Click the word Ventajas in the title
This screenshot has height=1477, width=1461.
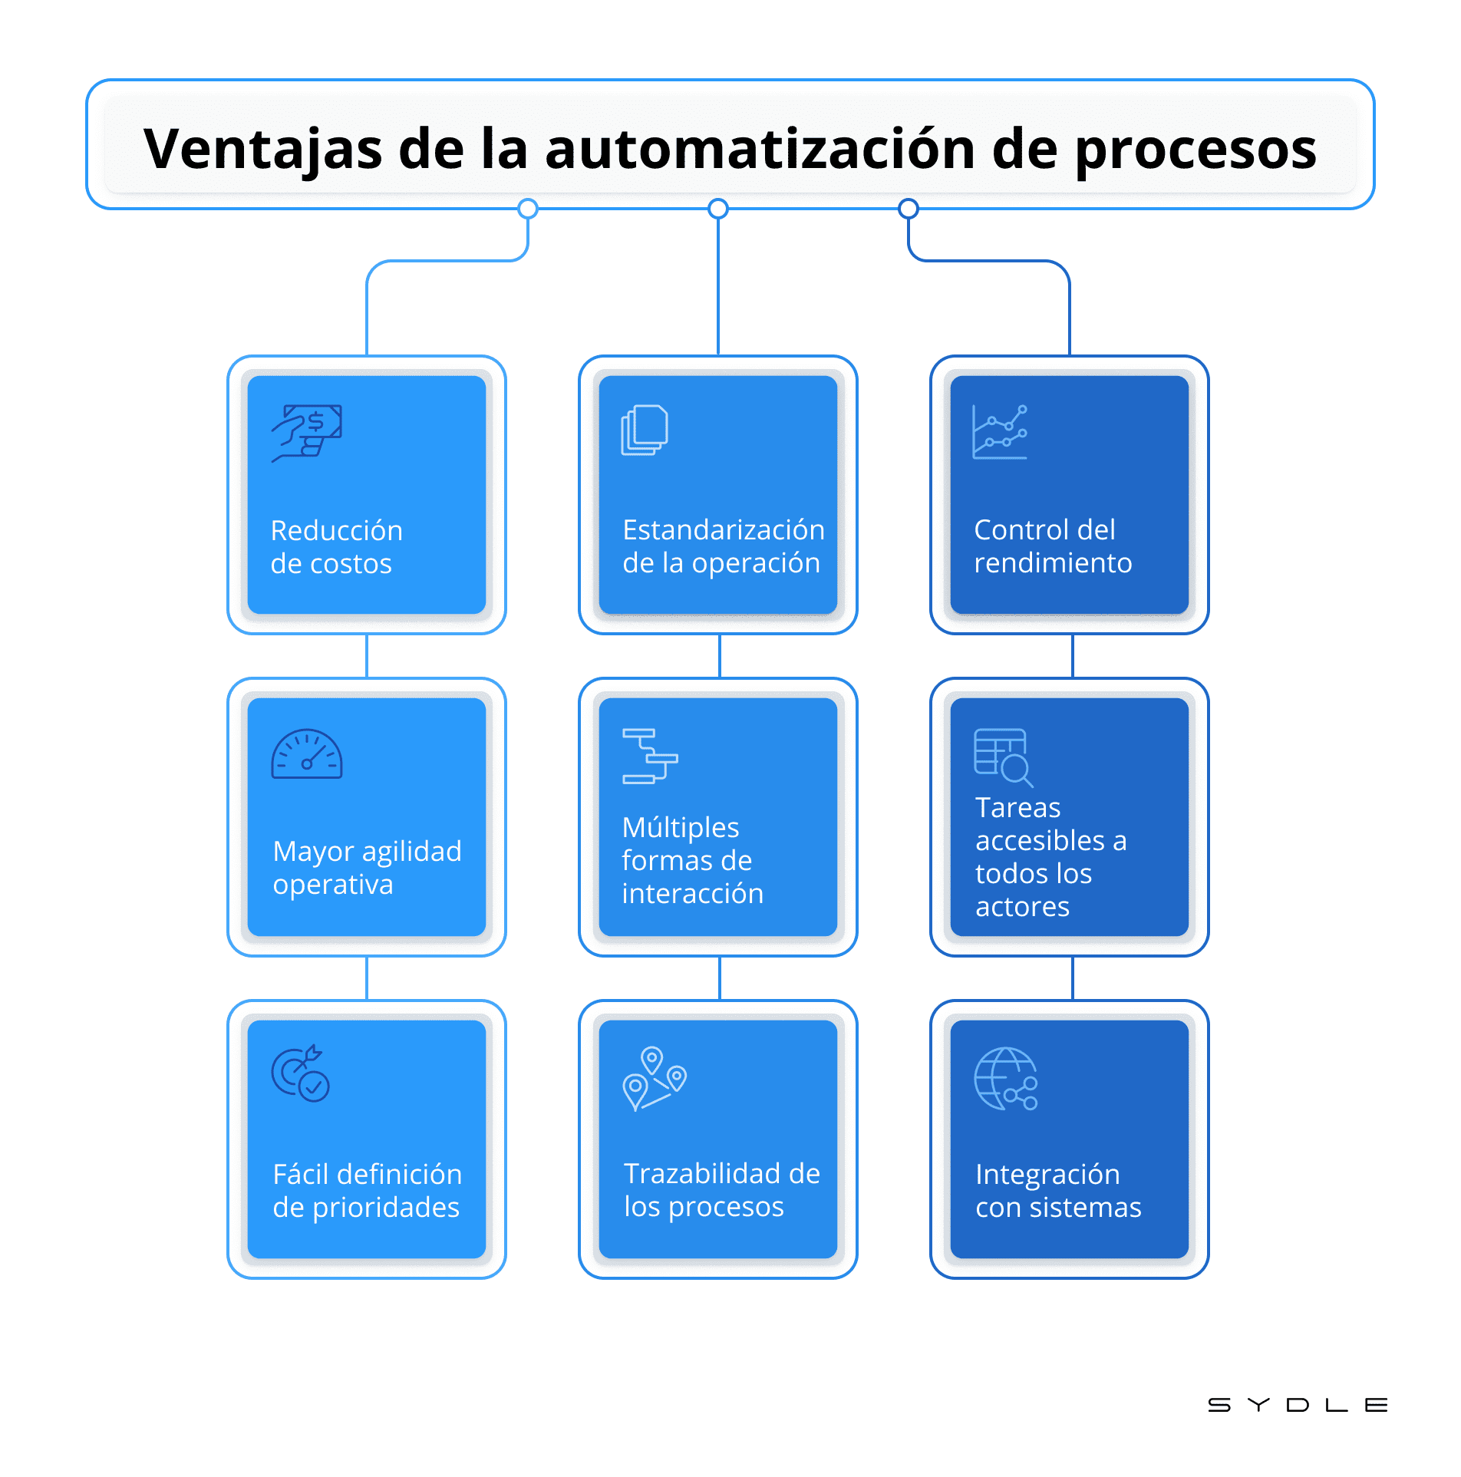click(262, 150)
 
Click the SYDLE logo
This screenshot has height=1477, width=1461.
click(1298, 1405)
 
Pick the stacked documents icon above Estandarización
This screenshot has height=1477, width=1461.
click(645, 430)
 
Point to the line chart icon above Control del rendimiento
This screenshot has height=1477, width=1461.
click(1000, 432)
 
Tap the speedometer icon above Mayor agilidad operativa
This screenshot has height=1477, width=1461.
click(307, 753)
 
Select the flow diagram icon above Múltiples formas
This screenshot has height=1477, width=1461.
click(650, 756)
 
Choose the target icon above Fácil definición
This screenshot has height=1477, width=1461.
click(301, 1074)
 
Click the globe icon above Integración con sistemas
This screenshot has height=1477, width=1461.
click(1006, 1079)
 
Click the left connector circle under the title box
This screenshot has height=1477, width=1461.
click(528, 209)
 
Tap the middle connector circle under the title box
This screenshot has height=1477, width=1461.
click(718, 209)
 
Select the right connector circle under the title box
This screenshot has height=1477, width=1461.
click(909, 209)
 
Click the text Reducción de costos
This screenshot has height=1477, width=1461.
click(337, 547)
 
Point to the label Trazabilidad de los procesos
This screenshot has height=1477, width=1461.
click(722, 1190)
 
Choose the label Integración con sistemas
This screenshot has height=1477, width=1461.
click(1058, 1191)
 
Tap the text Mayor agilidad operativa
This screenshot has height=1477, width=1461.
click(368, 868)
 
